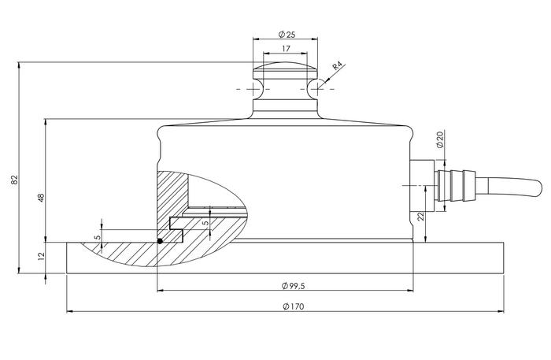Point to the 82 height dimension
(x=17, y=180)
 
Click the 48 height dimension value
(x=39, y=197)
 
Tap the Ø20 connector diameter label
(x=440, y=139)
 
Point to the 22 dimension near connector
(x=422, y=217)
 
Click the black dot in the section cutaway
(x=159, y=241)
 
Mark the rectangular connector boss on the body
(x=420, y=185)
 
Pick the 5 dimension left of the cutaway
(x=97, y=236)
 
